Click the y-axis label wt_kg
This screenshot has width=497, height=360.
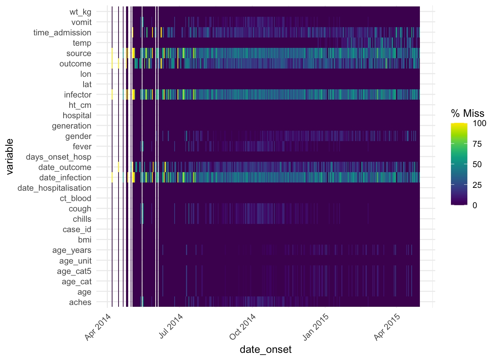(x=80, y=12)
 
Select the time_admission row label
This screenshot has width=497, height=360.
(x=62, y=33)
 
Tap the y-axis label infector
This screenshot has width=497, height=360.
(x=77, y=95)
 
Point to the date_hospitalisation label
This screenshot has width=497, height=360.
(x=54, y=188)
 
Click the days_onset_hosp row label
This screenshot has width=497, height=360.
(x=59, y=157)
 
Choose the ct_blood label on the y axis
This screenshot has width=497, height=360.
(x=75, y=199)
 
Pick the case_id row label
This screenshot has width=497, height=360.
(x=77, y=230)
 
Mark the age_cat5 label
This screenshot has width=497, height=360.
(x=74, y=271)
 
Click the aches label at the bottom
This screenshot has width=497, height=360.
(x=80, y=302)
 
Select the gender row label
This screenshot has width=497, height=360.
(x=78, y=136)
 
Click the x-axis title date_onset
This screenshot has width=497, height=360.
(x=266, y=350)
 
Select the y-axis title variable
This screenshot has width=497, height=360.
(x=10, y=156)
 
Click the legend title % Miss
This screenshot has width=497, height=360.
(x=468, y=114)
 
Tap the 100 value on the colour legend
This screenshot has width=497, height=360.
(x=480, y=124)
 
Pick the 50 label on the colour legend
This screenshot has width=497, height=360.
(x=477, y=165)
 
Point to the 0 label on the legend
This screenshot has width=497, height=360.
(x=475, y=205)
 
